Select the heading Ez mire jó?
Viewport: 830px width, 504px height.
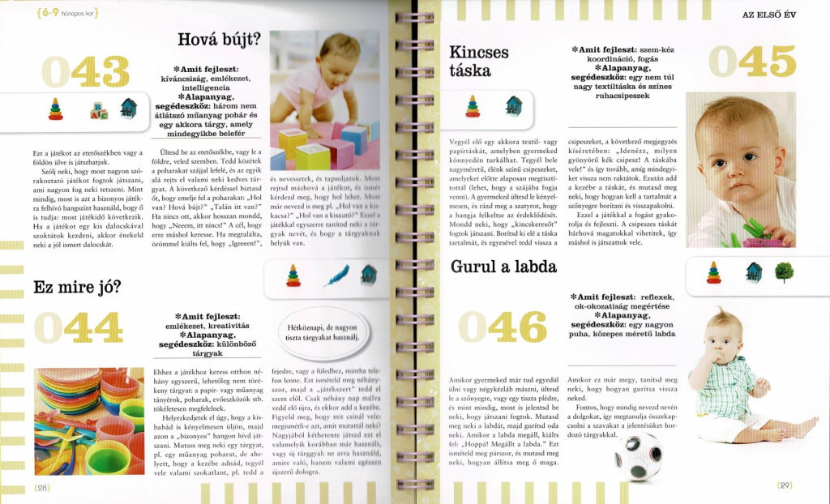point(77,286)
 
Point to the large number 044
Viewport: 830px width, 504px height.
point(79,328)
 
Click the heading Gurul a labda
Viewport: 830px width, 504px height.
point(492,266)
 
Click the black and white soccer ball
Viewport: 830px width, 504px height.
point(640,456)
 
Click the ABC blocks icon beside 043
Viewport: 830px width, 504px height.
point(99,110)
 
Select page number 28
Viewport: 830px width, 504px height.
point(43,487)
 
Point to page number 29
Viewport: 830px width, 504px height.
point(784,485)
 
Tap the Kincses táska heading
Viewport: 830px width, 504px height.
point(479,61)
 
